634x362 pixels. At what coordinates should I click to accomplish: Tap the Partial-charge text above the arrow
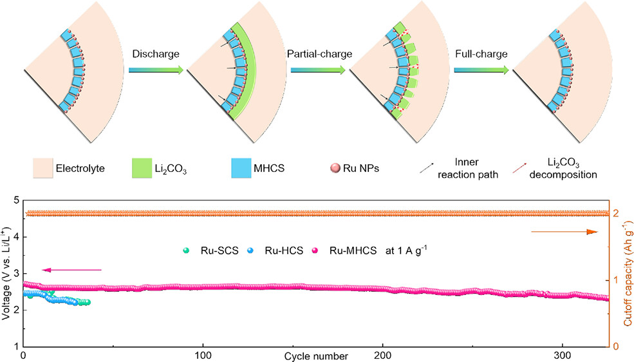(x=319, y=54)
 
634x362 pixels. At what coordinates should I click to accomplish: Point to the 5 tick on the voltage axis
(x=15, y=200)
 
